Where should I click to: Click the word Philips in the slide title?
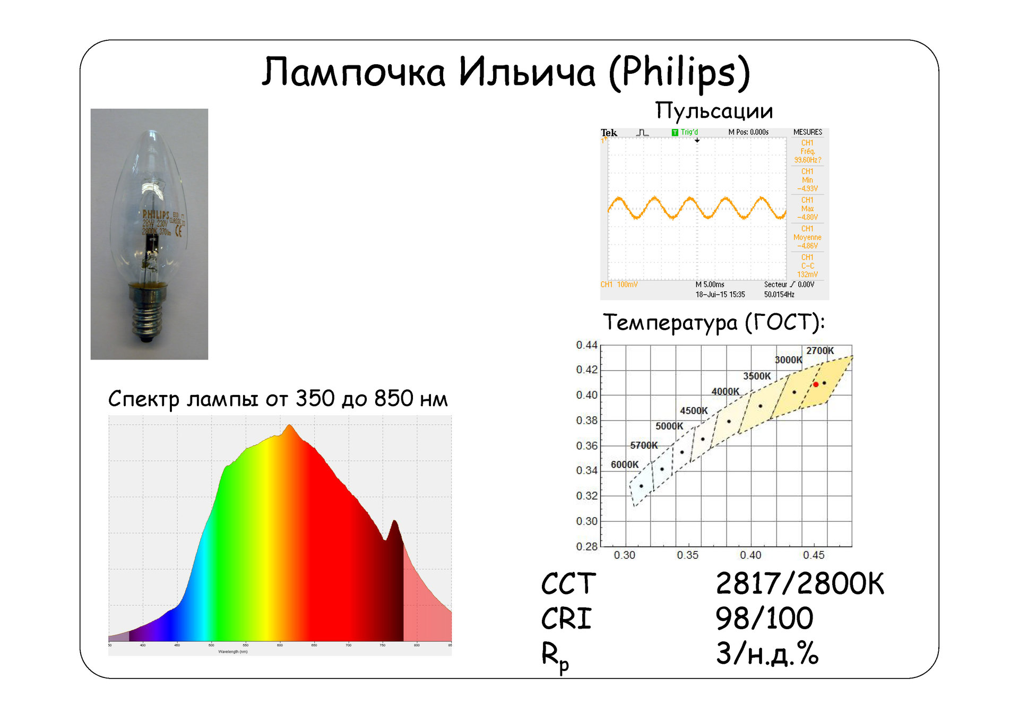[x=679, y=73]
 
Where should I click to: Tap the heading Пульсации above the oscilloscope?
[x=714, y=111]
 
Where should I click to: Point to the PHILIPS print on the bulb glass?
[x=156, y=215]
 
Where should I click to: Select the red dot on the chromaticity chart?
[x=816, y=384]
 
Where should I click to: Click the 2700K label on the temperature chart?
[x=820, y=351]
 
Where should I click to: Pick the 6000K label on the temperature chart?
[x=625, y=465]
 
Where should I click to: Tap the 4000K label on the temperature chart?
[x=725, y=392]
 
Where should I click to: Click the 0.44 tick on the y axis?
[x=586, y=345]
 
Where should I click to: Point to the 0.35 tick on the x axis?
[x=687, y=555]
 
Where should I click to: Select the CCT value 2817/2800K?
[x=799, y=584]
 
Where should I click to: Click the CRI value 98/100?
[x=764, y=619]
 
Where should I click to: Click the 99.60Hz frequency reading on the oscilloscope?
[x=807, y=160]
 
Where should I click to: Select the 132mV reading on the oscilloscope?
[x=807, y=274]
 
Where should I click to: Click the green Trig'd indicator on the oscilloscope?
[x=685, y=132]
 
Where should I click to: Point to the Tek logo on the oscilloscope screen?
[x=609, y=133]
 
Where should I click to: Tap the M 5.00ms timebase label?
[x=710, y=285]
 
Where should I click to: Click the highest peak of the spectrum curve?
[x=289, y=425]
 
